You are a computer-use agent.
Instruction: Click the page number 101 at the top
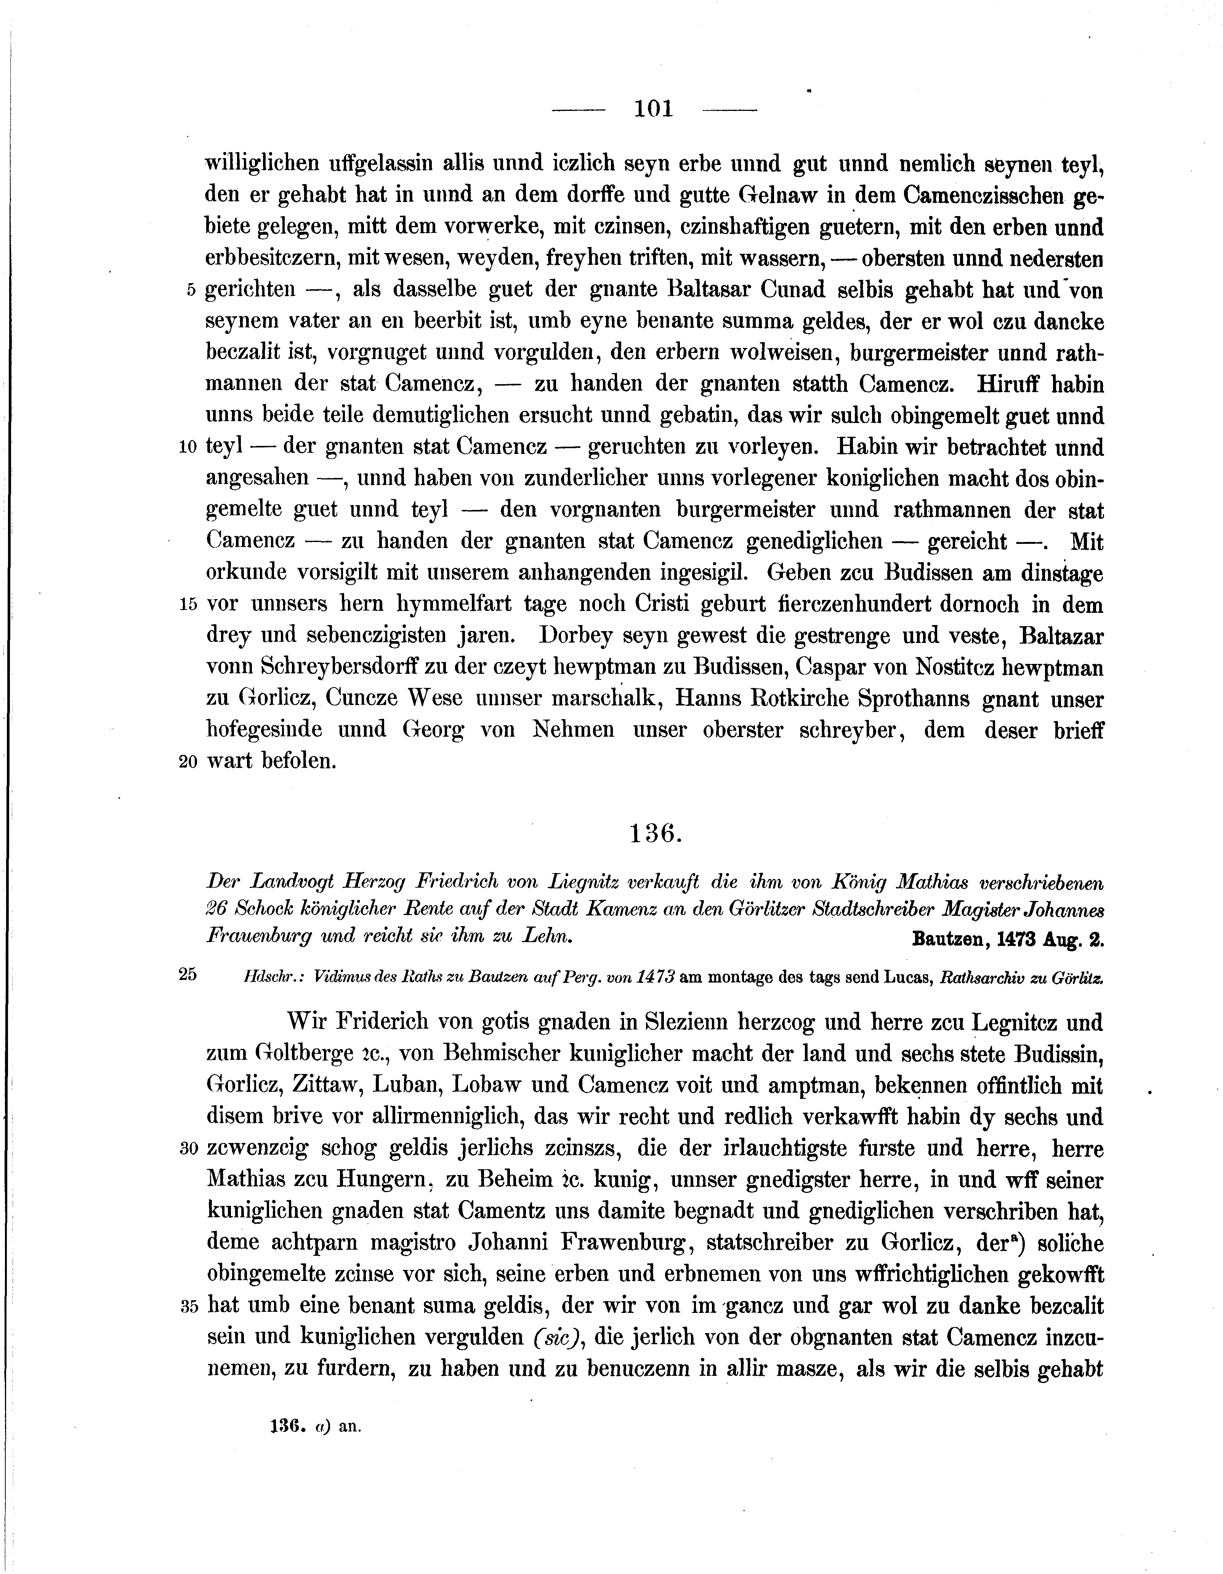tap(653, 109)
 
